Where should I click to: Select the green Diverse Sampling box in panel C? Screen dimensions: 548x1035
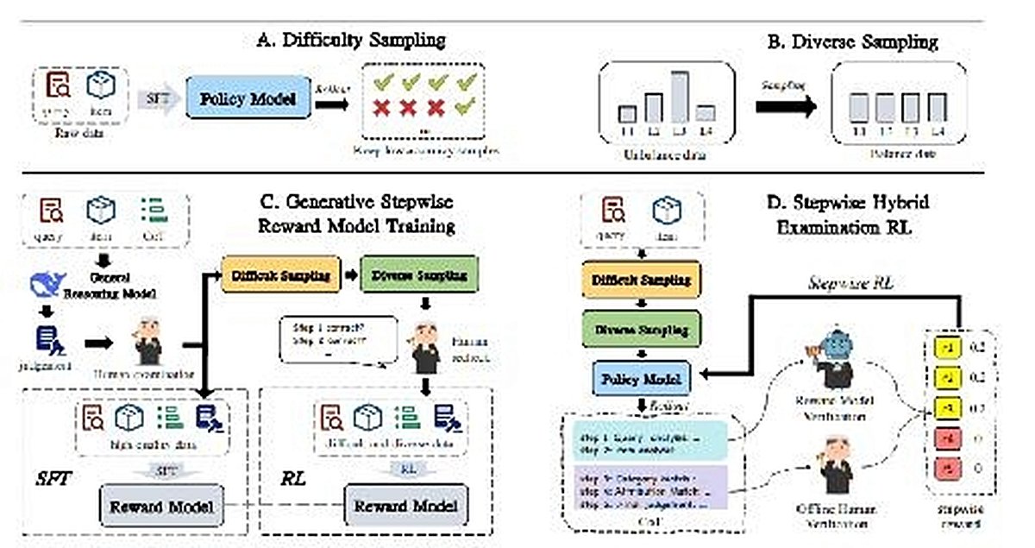(420, 276)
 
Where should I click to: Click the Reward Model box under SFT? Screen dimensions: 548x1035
(160, 502)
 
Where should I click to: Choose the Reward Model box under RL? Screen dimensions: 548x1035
(405, 502)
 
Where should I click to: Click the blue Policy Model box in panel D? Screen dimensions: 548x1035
(642, 377)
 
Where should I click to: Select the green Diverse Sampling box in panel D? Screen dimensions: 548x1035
(642, 330)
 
